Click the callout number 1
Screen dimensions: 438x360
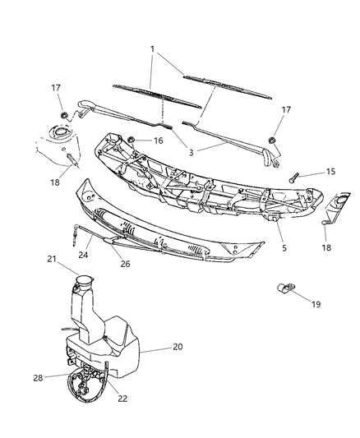click(x=151, y=48)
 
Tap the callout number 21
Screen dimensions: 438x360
click(x=51, y=260)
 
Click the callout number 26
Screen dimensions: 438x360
click(x=126, y=264)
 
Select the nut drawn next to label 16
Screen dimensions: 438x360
click(x=132, y=141)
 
